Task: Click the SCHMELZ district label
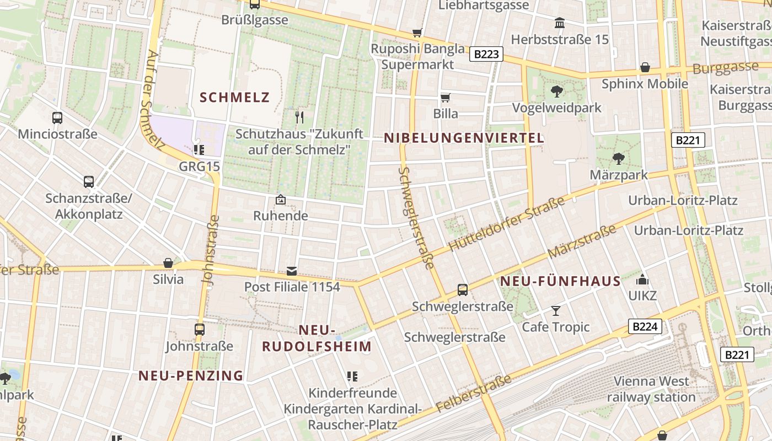[234, 98]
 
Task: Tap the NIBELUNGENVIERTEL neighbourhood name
[464, 138]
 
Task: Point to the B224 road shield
[645, 326]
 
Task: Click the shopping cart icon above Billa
[446, 98]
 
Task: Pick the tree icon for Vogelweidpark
[557, 92]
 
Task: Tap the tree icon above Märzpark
[619, 159]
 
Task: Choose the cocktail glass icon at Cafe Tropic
[555, 311]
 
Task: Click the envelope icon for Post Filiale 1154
[292, 271]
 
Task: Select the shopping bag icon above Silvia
[168, 263]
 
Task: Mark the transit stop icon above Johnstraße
[200, 330]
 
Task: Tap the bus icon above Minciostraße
[57, 117]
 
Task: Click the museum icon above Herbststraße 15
[560, 23]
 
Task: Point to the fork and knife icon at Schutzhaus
[299, 117]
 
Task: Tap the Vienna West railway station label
[651, 389]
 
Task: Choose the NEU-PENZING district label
[191, 375]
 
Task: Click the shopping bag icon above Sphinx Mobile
[645, 68]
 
